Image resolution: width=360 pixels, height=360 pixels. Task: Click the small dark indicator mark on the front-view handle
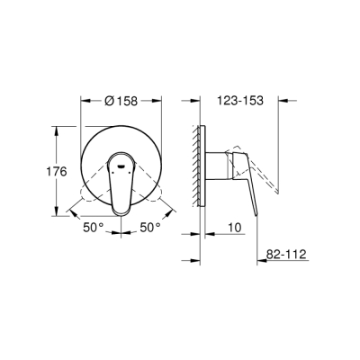[x=123, y=166]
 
